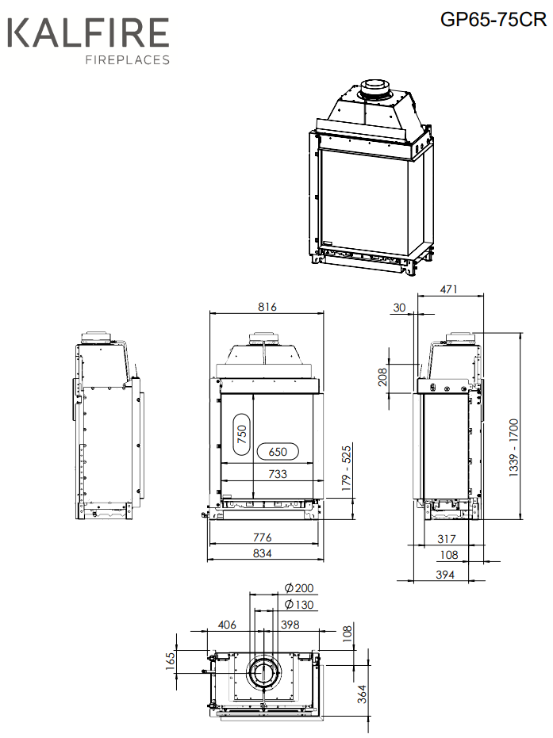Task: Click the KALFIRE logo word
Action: pyautogui.click(x=88, y=33)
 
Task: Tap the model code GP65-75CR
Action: pyautogui.click(x=493, y=19)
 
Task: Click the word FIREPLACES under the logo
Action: pyautogui.click(x=127, y=59)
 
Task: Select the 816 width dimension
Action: pyautogui.click(x=267, y=307)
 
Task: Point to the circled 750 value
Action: pyautogui.click(x=242, y=434)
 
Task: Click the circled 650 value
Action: pyautogui.click(x=278, y=452)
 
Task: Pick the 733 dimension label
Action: pyautogui.click(x=278, y=474)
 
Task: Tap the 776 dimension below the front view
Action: pyautogui.click(x=263, y=537)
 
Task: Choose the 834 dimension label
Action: pyautogui.click(x=263, y=553)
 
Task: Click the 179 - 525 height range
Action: pyautogui.click(x=347, y=468)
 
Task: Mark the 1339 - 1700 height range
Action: pyautogui.click(x=513, y=448)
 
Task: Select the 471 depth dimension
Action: pyautogui.click(x=448, y=289)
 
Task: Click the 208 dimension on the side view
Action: pyautogui.click(x=382, y=377)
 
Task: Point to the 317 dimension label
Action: pyautogui.click(x=447, y=539)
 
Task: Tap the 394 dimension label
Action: pyautogui.click(x=445, y=574)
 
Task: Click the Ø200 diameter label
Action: pyautogui.click(x=299, y=588)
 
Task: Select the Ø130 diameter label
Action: pyautogui.click(x=299, y=604)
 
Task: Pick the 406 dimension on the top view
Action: pyautogui.click(x=227, y=625)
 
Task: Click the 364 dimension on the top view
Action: pyautogui.click(x=362, y=694)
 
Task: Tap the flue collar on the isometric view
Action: pyautogui.click(x=374, y=90)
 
